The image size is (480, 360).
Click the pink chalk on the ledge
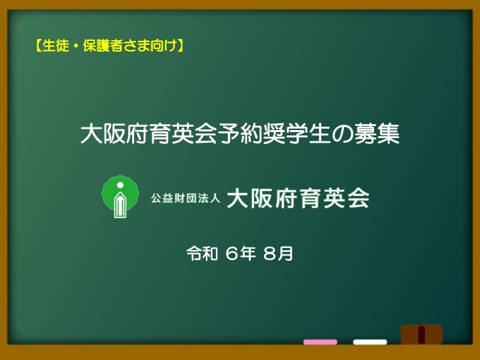(x=320, y=342)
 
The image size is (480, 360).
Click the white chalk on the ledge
(x=370, y=342)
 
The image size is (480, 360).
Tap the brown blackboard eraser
(x=422, y=335)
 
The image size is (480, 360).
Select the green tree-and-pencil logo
(x=120, y=196)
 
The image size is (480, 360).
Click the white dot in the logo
(x=120, y=185)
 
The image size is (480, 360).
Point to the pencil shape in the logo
(x=120, y=205)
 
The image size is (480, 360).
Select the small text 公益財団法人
(x=186, y=198)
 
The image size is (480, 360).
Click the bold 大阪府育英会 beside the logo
(x=298, y=198)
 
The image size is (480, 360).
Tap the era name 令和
(x=202, y=253)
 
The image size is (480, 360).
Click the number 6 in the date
(x=232, y=254)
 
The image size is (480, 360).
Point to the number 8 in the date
(x=269, y=254)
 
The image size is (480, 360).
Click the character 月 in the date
(x=286, y=254)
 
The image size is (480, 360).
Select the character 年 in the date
(x=247, y=254)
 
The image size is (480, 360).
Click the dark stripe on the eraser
(x=422, y=335)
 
